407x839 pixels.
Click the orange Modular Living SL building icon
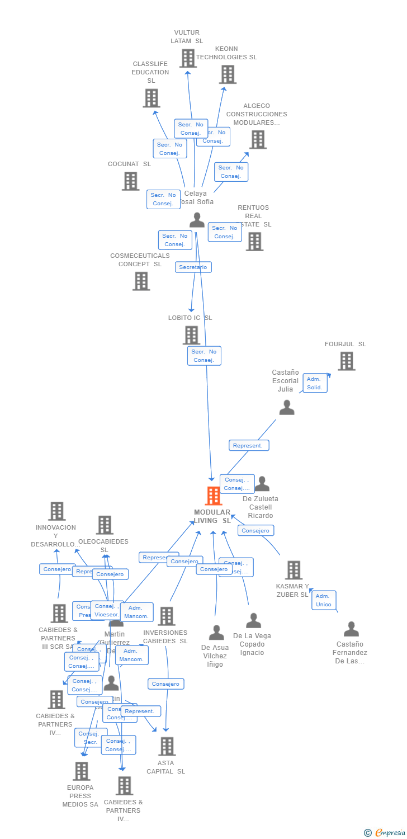(x=213, y=496)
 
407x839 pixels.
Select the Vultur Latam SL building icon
(x=188, y=58)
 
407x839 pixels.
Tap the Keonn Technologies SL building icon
(x=227, y=74)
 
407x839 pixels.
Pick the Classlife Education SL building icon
(x=152, y=98)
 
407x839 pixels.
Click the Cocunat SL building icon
(x=130, y=181)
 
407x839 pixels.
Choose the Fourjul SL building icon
(x=346, y=361)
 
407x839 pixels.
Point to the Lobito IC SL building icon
(x=191, y=335)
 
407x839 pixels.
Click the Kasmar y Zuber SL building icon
(x=293, y=570)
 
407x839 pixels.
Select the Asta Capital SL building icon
(x=167, y=746)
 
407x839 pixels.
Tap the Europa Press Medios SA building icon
(x=81, y=771)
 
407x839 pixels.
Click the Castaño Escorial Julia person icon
(x=287, y=408)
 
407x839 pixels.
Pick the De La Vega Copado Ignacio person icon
(x=254, y=621)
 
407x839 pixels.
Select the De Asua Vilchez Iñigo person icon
(x=216, y=633)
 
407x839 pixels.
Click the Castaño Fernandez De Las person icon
(x=351, y=629)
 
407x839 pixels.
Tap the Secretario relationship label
(x=193, y=267)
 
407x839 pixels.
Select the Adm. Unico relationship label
(x=324, y=600)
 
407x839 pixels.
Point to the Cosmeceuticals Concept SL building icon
(x=141, y=281)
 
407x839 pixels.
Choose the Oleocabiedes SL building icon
(x=105, y=525)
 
